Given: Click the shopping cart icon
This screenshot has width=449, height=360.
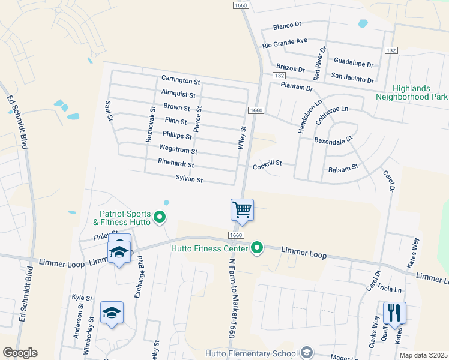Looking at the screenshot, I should click(242, 210).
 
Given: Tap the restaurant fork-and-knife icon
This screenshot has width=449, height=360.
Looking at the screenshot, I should click(394, 312).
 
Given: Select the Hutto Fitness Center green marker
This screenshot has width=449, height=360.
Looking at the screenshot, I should click(258, 247).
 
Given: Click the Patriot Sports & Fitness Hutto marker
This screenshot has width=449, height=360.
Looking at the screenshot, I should click(160, 217).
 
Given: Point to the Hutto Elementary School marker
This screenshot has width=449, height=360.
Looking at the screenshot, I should click(307, 352).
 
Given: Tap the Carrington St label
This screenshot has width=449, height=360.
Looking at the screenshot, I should click(180, 80).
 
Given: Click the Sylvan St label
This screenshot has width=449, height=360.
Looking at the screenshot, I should click(190, 179).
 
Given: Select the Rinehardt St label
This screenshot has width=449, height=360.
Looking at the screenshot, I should click(176, 164).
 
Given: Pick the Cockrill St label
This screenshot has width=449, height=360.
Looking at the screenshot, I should click(267, 165).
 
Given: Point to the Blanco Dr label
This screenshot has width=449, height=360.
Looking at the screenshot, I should click(286, 26).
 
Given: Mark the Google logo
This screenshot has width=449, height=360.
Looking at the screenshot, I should click(20, 353).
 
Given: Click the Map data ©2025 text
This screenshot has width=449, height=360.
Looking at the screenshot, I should click(423, 355).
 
